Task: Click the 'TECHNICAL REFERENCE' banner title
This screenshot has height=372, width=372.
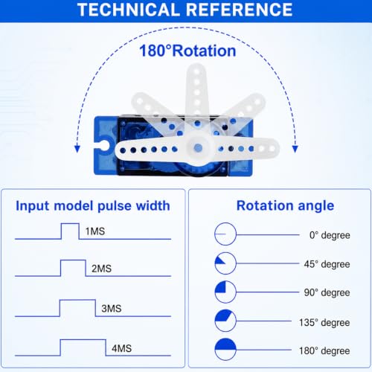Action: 185,10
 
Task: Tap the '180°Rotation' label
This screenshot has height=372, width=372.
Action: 187,51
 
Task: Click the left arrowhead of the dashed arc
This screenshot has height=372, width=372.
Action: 77,149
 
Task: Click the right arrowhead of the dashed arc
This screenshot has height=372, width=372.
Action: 295,149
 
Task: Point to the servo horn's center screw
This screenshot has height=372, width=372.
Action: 198,148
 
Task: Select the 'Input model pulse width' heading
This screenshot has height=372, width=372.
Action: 93,206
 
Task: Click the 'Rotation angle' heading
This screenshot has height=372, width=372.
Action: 286,206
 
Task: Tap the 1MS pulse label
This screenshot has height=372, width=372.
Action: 95,231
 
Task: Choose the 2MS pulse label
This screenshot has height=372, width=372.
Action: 101,269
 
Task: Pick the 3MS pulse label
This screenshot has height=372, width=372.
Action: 112,309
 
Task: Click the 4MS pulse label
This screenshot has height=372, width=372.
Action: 121,348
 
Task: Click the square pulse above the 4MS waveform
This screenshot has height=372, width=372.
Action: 83,340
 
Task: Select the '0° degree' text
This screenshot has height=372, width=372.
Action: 330,235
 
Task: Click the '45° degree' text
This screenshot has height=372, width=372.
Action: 327,264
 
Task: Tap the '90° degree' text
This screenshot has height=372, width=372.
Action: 327,292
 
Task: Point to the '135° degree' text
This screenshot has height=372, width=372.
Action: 324,323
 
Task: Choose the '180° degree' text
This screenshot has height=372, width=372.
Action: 324,351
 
